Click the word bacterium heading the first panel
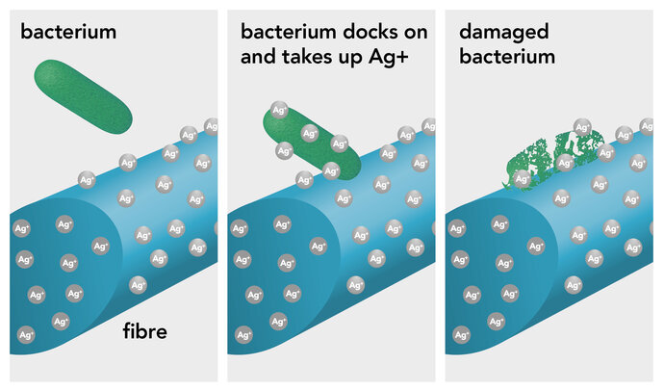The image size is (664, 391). point(68,32)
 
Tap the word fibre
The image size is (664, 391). point(144,331)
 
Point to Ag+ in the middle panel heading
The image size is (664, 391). point(389,57)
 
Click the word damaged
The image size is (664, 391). point(504,33)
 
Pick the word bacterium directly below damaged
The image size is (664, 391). point(507,57)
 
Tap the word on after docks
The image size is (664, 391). point(416,33)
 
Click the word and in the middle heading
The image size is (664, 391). point(258,57)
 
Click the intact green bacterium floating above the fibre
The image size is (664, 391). point(83,96)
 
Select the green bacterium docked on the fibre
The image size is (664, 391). point(312,143)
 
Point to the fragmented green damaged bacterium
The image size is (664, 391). point(553,159)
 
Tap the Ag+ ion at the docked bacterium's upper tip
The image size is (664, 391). point(279,111)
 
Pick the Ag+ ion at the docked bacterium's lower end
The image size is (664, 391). point(331,171)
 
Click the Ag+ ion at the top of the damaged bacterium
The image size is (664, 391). point(583,127)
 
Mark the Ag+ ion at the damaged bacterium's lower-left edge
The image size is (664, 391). point(522,179)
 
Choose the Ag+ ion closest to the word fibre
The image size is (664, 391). point(138,285)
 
